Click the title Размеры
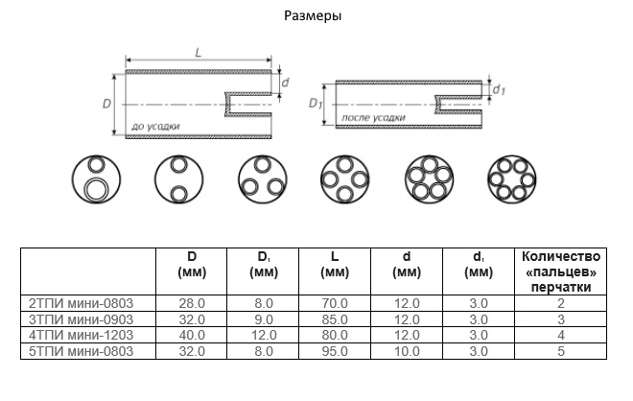(313, 16)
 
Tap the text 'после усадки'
(373, 117)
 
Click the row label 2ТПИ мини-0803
(82, 303)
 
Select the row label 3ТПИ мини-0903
(82, 319)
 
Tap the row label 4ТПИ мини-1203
(82, 336)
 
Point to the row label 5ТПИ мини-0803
(82, 352)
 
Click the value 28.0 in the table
(193, 303)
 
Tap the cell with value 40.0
(193, 336)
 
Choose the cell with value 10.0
(407, 352)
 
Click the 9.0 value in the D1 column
(264, 319)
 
